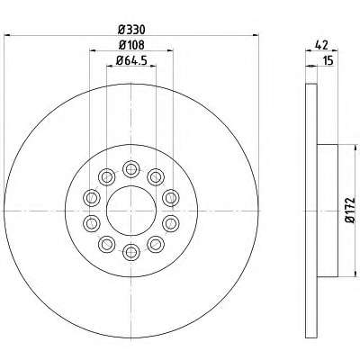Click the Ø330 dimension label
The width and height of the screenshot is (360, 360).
pyautogui.click(x=131, y=30)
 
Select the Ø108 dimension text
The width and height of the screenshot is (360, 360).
pyautogui.click(x=131, y=45)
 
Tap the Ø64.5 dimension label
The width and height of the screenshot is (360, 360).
pyautogui.click(x=131, y=60)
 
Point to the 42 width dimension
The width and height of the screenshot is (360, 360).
pyautogui.click(x=321, y=45)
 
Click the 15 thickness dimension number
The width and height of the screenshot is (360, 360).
pyautogui.click(x=328, y=60)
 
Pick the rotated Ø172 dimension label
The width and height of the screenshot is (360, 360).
pyautogui.click(x=350, y=210)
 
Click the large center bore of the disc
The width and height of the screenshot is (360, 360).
pyautogui.click(x=131, y=211)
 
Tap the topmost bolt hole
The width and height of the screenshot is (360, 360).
pyautogui.click(x=131, y=170)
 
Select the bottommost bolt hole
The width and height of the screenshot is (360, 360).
pyautogui.click(x=131, y=251)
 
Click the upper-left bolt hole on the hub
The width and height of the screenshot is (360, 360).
pyautogui.click(x=107, y=177)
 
